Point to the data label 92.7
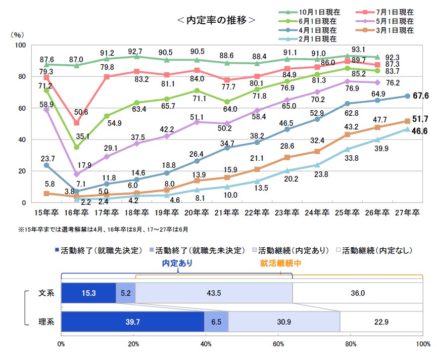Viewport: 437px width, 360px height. tap(134, 51)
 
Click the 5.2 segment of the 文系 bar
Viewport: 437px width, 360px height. tap(125, 292)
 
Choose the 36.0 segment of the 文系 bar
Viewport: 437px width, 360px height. tap(357, 292)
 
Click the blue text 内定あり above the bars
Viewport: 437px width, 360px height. tap(177, 263)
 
